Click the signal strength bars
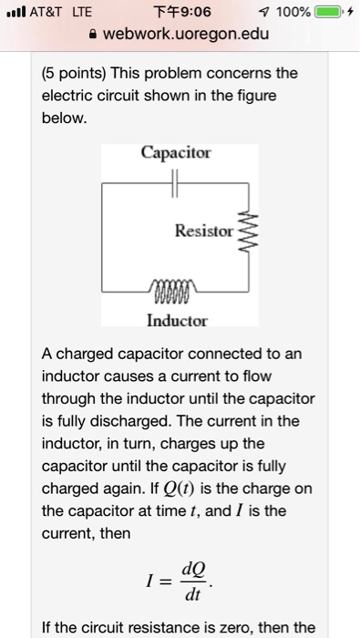pos(14,12)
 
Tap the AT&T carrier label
pos(45,12)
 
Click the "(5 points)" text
pos(75,72)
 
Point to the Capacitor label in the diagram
pos(176,152)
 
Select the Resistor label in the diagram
pos(203,232)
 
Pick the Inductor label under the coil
pos(177,321)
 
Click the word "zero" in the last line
pos(245,627)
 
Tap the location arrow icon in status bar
pos(262,12)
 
